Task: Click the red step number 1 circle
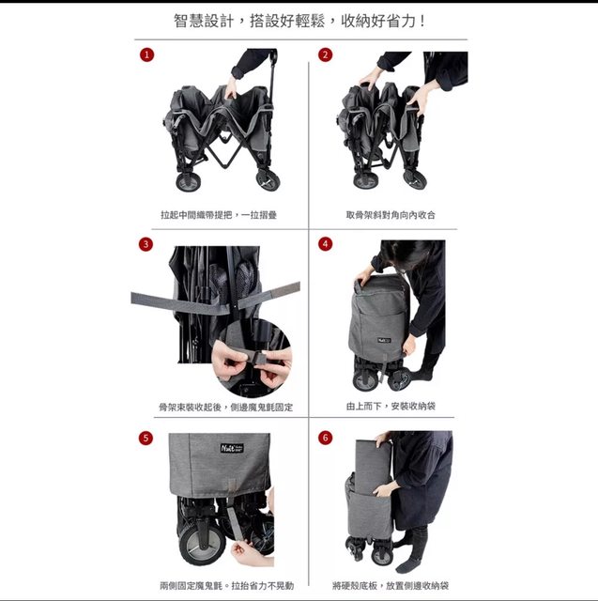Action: pyautogui.click(x=146, y=54)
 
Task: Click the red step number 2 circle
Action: pyautogui.click(x=325, y=54)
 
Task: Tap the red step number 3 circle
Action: pyautogui.click(x=146, y=244)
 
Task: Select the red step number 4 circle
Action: pyautogui.click(x=325, y=244)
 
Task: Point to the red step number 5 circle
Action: pyautogui.click(x=146, y=438)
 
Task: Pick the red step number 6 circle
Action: pyautogui.click(x=325, y=438)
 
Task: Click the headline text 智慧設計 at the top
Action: pyautogui.click(x=204, y=21)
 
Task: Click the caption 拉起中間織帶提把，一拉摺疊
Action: pyautogui.click(x=219, y=215)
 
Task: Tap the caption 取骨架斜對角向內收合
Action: pyautogui.click(x=391, y=215)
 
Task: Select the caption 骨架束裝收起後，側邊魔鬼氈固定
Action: pyautogui.click(x=226, y=407)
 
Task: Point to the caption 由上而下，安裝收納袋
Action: pyautogui.click(x=391, y=406)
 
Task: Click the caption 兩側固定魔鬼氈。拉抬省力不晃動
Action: pyautogui.click(x=227, y=586)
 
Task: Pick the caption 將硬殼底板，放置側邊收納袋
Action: pyautogui.click(x=391, y=586)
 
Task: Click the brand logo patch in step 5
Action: pyautogui.click(x=232, y=448)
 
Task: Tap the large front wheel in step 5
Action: pyautogui.click(x=202, y=545)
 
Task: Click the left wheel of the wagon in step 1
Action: pyautogui.click(x=188, y=181)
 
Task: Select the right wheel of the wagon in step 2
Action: pyautogui.click(x=415, y=179)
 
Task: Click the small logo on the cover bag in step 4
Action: pyautogui.click(x=384, y=340)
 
